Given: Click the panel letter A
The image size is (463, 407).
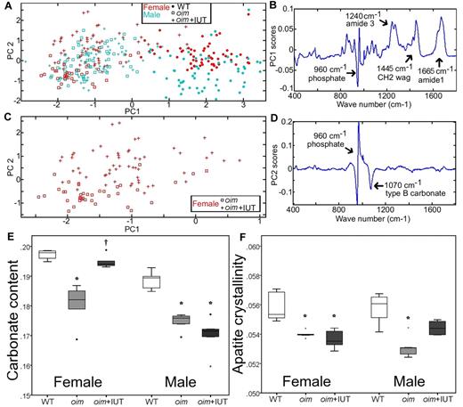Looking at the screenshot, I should pos(6,6).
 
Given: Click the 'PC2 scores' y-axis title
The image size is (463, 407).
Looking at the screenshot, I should pos(295,181).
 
